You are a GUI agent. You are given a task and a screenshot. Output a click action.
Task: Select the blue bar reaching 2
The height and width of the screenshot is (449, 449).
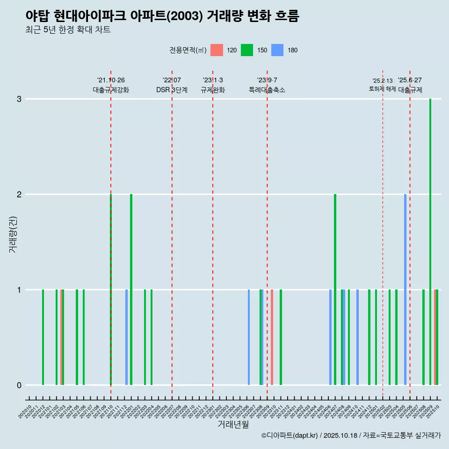(405, 290)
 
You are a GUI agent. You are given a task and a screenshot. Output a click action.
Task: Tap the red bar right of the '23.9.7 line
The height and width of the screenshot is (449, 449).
(272, 337)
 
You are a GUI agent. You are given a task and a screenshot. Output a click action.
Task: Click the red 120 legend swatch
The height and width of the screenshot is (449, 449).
(217, 50)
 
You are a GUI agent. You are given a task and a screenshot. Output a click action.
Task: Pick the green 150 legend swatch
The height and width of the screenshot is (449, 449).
(247, 50)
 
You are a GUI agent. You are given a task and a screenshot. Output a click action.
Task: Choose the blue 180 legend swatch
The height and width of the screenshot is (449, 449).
(277, 50)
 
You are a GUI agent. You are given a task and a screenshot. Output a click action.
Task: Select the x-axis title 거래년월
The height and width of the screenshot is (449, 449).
(233, 424)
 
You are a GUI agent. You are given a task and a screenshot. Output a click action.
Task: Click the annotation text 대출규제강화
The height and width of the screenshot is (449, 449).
(111, 90)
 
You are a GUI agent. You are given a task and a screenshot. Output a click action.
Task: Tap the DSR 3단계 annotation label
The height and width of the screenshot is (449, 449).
(172, 90)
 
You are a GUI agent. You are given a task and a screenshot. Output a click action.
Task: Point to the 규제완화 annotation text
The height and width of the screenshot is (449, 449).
(213, 90)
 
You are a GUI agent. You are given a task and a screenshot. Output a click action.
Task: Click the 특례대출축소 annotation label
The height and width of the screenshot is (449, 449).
(267, 90)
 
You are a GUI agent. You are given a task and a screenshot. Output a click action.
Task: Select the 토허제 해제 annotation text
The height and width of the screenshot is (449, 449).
(383, 89)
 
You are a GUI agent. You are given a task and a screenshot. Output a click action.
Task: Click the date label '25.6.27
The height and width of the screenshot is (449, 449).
(410, 80)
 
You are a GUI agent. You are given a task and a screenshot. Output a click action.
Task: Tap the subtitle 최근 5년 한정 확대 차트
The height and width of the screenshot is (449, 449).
(68, 30)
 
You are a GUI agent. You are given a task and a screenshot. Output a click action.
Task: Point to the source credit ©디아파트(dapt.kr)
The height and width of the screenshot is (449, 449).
(290, 435)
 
